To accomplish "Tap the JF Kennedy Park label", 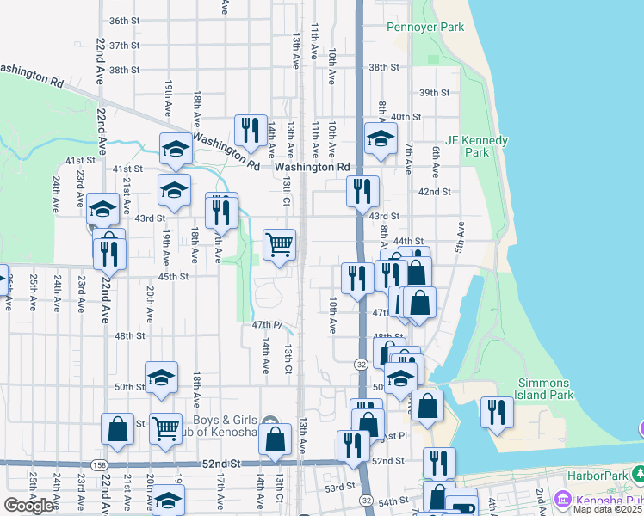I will click(x=477, y=146).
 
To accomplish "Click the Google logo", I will click(x=28, y=506).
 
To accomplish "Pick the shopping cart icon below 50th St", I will click(x=165, y=427).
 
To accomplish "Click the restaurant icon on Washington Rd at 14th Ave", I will click(x=251, y=129).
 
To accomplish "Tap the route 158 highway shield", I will click(x=99, y=465).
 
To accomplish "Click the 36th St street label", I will click(x=125, y=20).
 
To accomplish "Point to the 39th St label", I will click(x=435, y=92).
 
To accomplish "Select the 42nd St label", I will click(x=435, y=192).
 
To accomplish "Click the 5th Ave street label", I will click(x=460, y=236).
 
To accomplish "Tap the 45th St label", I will click(x=172, y=276).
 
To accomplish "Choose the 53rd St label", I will click(x=339, y=487).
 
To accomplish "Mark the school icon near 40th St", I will click(x=380, y=138).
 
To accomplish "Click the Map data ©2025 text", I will click(x=607, y=509).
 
